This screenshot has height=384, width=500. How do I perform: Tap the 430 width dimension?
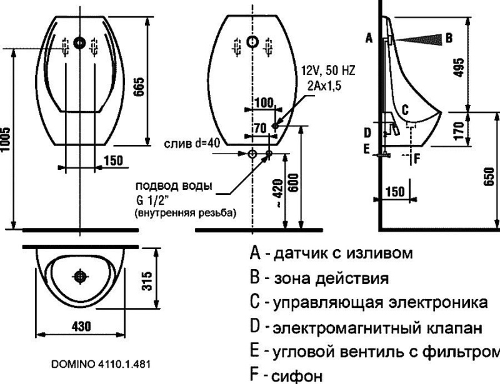81,326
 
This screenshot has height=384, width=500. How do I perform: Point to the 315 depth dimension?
147,281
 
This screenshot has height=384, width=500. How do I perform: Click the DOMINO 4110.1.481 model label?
101,364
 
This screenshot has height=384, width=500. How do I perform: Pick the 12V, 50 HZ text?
328,71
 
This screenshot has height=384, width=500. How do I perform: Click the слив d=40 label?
192,144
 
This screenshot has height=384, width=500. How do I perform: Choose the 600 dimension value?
293,182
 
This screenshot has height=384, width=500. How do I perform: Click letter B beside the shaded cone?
449,38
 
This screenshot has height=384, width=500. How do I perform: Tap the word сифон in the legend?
297,376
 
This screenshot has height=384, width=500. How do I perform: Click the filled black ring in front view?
79,42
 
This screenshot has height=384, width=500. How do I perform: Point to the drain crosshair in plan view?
79,276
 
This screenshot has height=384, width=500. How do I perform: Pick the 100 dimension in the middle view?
264,103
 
